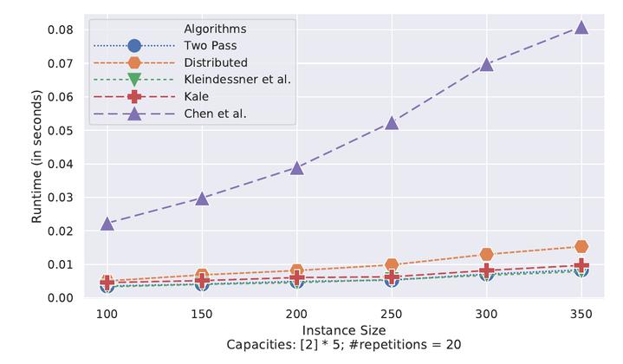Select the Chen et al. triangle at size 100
pos(107,223)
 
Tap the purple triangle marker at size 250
pos(392,122)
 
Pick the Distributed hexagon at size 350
pos(581,247)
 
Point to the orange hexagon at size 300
pos(486,255)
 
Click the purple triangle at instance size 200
pos(297,167)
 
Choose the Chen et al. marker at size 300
pos(486,64)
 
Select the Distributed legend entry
pos(216,62)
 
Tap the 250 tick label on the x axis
pos(392,315)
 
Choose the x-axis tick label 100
pos(107,315)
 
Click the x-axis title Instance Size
pos(344,331)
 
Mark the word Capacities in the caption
pos(253,347)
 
